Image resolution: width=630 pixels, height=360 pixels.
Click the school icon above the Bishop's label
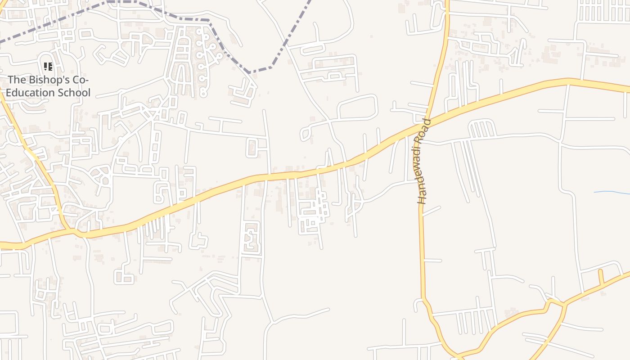(48, 67)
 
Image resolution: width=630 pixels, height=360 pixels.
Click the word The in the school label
(17, 80)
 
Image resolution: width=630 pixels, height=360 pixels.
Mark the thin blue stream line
(612, 193)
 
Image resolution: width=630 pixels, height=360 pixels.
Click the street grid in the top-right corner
(603, 11)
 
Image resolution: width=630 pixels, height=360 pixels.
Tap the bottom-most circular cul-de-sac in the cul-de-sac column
(203, 94)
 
